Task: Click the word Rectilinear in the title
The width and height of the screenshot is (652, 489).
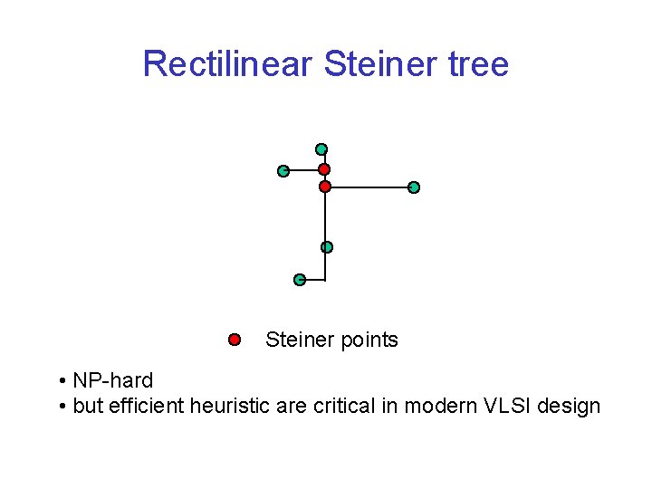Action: click(x=227, y=64)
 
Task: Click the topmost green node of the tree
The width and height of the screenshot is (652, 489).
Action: click(x=321, y=149)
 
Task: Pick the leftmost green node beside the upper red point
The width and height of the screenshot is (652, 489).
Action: click(x=283, y=170)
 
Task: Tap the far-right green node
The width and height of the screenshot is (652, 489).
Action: click(x=414, y=187)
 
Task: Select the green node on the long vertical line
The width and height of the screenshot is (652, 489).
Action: click(x=327, y=247)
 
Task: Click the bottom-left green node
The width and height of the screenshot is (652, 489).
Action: click(x=300, y=280)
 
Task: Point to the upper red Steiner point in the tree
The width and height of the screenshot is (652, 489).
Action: click(x=324, y=169)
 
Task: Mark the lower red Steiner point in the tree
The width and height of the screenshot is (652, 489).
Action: click(x=325, y=187)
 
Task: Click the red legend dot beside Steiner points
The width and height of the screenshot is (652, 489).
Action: click(x=234, y=340)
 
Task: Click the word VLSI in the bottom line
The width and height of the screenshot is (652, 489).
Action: click(x=502, y=406)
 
